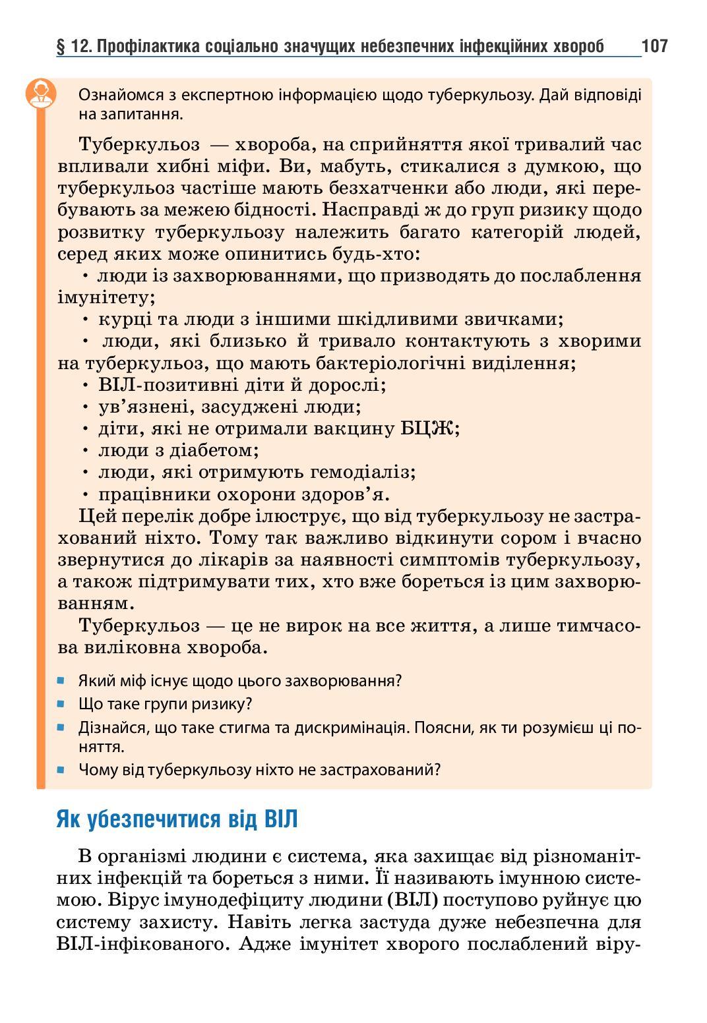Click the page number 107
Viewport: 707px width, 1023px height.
(x=654, y=45)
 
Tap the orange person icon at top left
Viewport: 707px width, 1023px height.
(x=41, y=93)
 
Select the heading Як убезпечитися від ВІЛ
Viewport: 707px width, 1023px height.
(x=177, y=819)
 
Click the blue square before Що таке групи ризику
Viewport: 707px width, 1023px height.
(x=61, y=703)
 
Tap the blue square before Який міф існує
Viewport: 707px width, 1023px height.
(x=61, y=680)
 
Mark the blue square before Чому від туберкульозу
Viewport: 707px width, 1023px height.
(x=61, y=769)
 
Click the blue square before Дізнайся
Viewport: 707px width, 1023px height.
(x=61, y=728)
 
